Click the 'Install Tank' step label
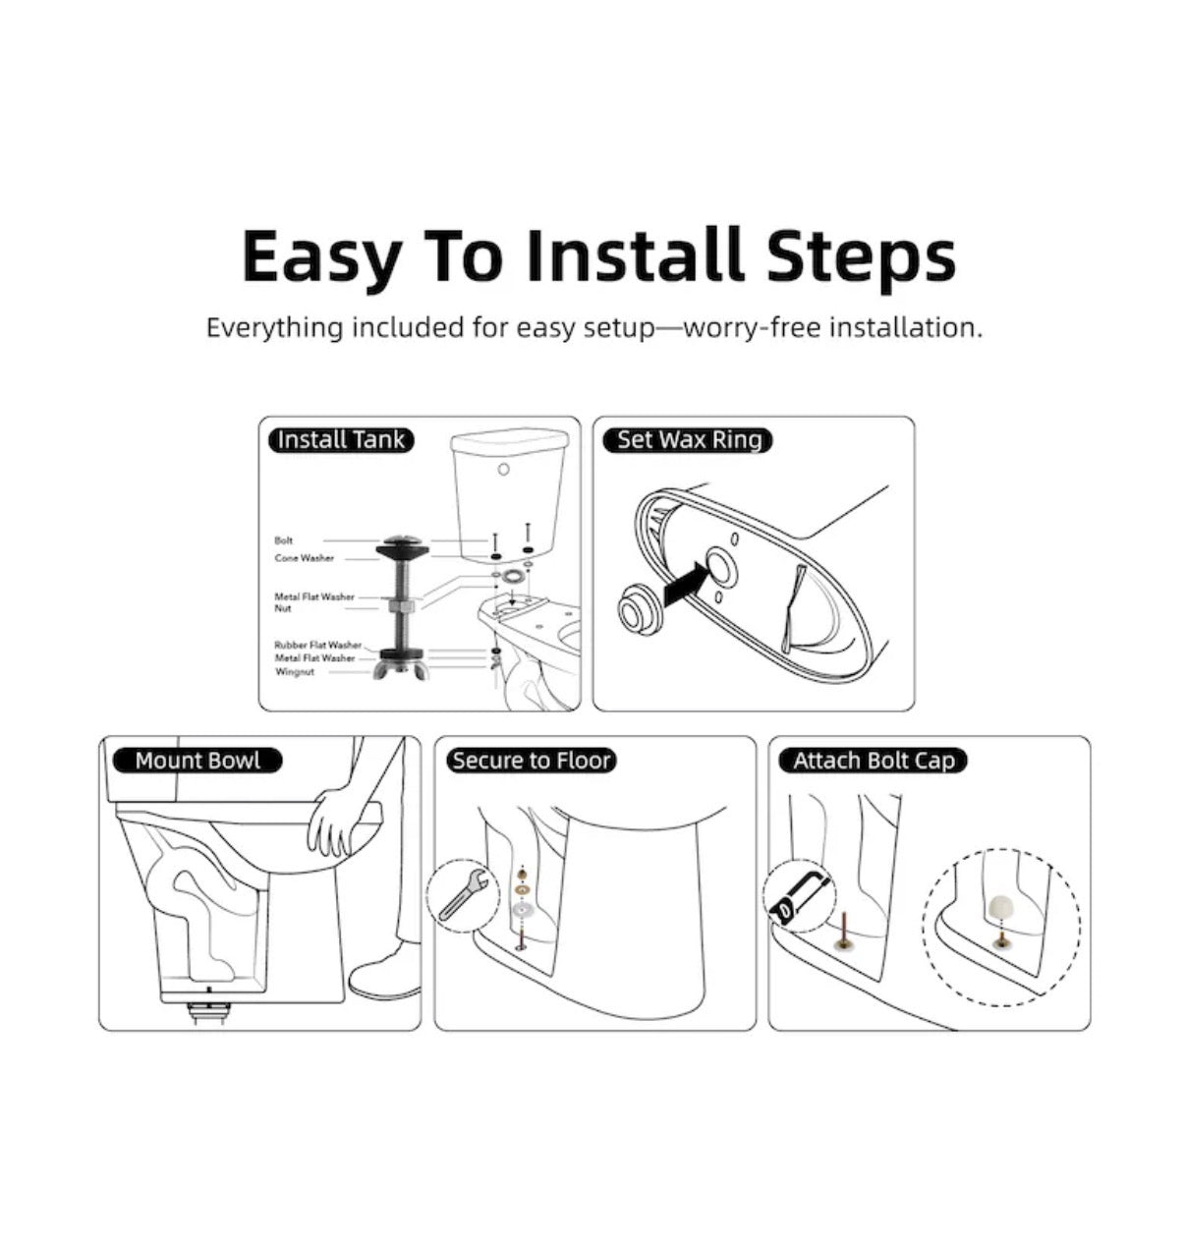pos(341,440)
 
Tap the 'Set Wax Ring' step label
pos(690,440)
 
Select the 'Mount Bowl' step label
pos(197,760)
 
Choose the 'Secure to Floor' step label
pos(531,760)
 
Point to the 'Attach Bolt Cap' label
pos(874,760)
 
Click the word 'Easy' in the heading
pos(322,256)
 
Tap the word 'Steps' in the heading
pos(862,256)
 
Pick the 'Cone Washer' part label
pos(305,558)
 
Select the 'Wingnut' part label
pos(295,672)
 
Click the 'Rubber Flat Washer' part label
pos(318,645)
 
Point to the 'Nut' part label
pos(283,608)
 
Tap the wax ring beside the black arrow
pos(637,608)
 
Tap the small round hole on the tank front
pos(504,469)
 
